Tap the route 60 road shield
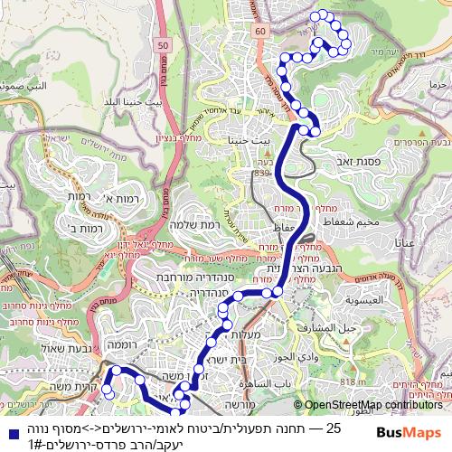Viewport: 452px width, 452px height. point(260,31)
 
